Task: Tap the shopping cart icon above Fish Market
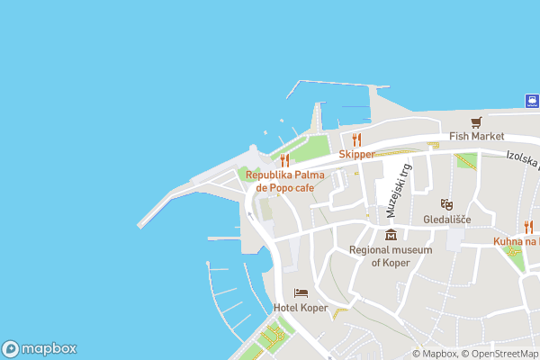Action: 477,121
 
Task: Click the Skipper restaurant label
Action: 356,154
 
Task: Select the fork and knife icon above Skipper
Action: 356,139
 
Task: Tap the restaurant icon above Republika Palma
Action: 284,160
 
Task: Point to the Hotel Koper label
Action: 301,307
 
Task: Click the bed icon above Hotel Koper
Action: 301,293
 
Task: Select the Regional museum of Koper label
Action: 391,256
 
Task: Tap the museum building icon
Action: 391,236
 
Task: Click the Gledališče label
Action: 446,219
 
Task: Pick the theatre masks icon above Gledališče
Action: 446,204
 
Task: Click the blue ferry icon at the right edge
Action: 532,101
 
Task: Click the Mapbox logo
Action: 39,348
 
